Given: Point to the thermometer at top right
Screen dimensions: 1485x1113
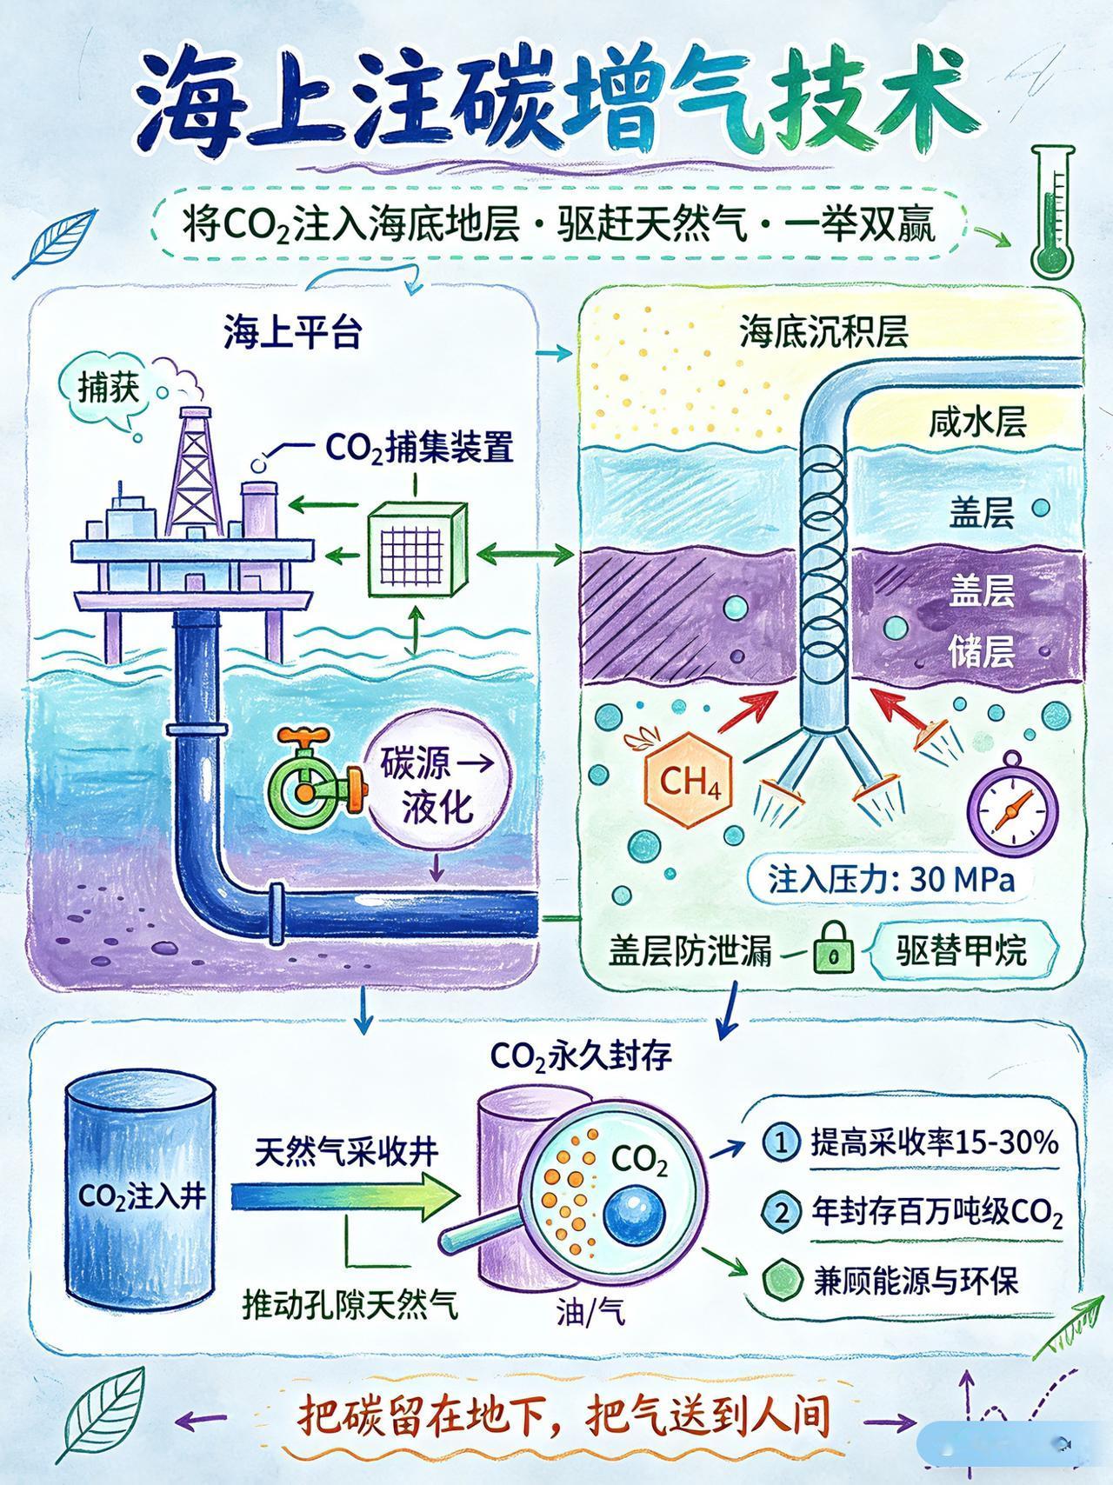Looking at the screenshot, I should point(1054,213).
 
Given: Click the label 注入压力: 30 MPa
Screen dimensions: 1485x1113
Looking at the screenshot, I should point(891,879).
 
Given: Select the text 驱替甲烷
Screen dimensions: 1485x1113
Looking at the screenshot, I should point(961,949).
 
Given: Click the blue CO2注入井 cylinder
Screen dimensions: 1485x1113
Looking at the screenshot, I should point(141,1195).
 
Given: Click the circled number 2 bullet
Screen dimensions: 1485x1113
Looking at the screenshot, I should point(781,1211).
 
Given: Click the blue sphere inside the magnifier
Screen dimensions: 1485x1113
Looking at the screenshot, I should point(634,1216).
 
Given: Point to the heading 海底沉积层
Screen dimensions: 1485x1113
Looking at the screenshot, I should point(823,332).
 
